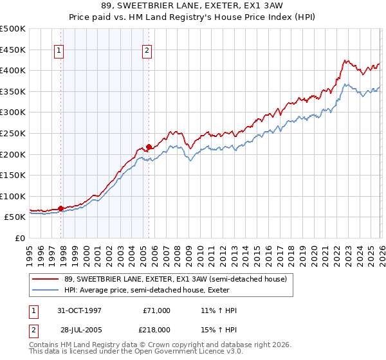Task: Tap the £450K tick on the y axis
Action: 13,50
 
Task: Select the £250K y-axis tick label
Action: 13,133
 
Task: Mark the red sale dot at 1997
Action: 61,208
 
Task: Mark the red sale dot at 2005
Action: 149,147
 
